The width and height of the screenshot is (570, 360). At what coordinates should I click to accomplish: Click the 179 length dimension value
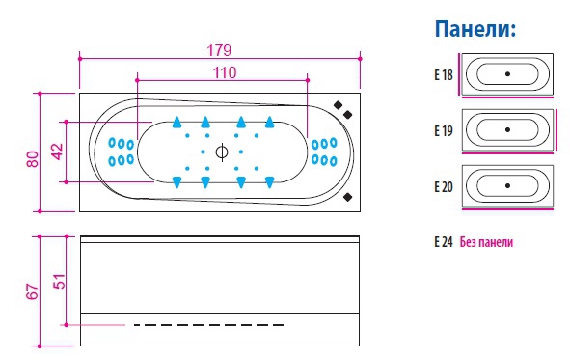tap(219, 50)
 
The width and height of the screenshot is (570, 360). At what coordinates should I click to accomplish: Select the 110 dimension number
tap(225, 72)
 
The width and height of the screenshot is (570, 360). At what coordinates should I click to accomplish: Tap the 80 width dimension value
tap(33, 159)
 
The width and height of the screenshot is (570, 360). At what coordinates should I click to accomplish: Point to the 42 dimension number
tap(58, 152)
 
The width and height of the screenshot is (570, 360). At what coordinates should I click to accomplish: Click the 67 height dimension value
tap(32, 291)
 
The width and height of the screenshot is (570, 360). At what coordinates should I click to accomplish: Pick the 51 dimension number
tap(60, 281)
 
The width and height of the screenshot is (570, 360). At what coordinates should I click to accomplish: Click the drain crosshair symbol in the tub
tap(222, 152)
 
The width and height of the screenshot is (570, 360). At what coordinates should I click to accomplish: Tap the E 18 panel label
tap(444, 75)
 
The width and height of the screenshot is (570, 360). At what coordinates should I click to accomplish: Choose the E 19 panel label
tap(444, 130)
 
